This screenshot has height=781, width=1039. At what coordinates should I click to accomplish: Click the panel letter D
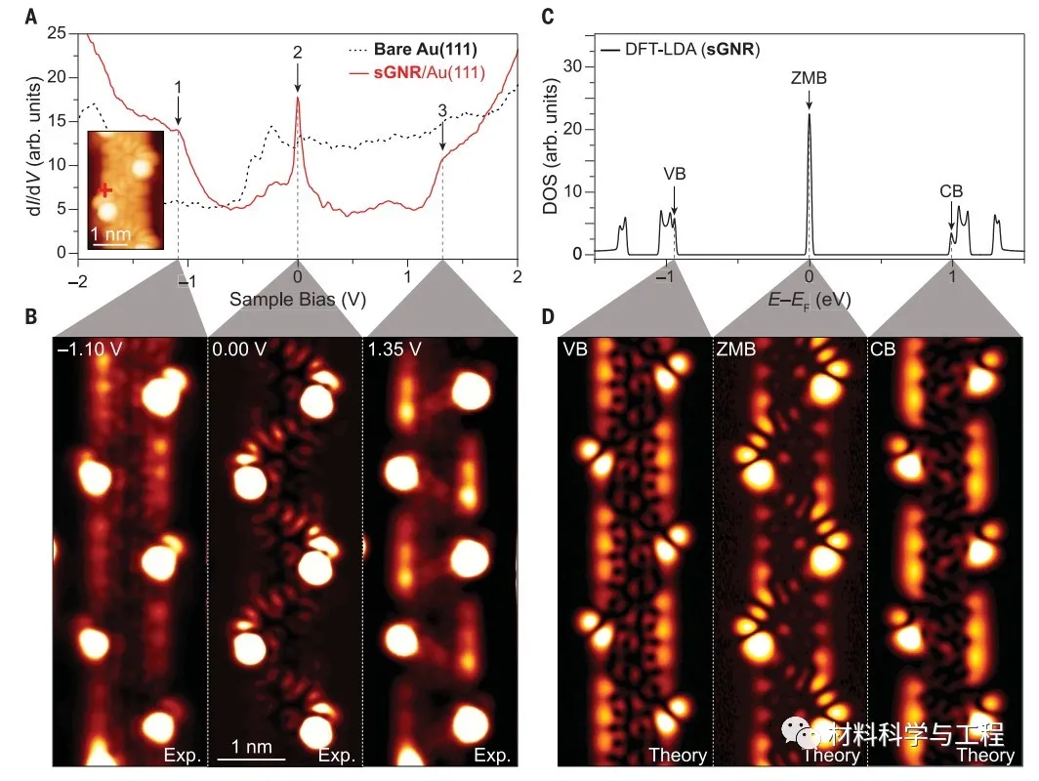click(547, 317)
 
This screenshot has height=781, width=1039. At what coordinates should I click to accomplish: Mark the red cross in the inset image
click(104, 190)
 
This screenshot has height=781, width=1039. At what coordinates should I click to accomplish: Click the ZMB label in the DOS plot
click(809, 77)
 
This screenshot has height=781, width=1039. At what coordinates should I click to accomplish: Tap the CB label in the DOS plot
click(952, 192)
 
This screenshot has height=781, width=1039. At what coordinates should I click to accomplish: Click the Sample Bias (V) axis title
click(297, 300)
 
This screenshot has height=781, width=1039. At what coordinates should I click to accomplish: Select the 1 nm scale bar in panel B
click(251, 758)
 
